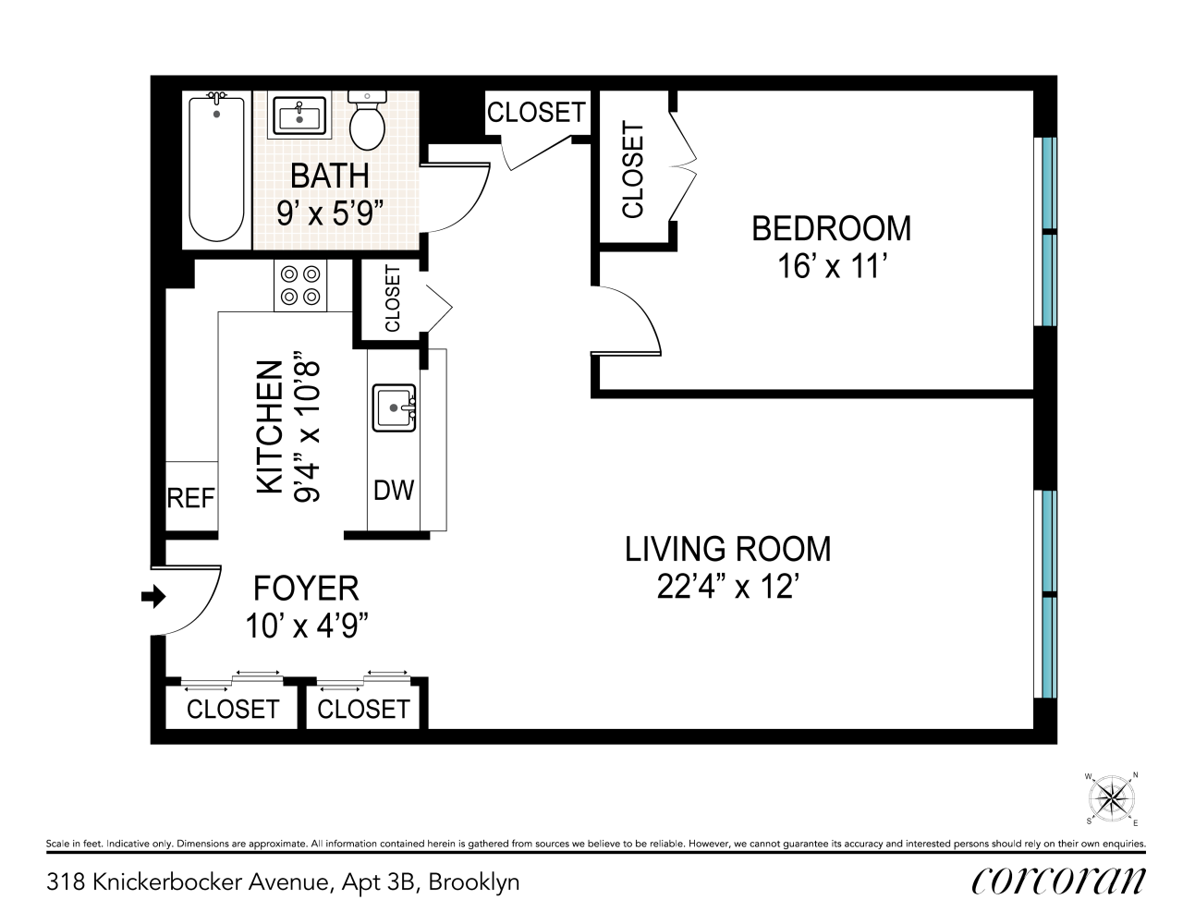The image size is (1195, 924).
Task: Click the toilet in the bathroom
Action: (367, 121)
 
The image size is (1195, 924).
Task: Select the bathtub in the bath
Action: (216, 167)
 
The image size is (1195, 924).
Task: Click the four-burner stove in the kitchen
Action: (300, 286)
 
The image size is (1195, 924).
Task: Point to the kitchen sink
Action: (395, 407)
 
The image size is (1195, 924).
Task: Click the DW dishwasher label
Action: (394, 490)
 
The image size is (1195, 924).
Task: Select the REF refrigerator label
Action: (190, 498)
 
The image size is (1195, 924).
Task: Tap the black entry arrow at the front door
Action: (153, 596)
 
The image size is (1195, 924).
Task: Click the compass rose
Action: (1112, 797)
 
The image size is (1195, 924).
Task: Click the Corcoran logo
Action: (1058, 881)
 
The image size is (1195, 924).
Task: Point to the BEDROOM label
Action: (832, 228)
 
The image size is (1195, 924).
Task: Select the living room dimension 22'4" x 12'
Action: (727, 588)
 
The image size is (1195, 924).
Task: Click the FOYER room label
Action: (306, 589)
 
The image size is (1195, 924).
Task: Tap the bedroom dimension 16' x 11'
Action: (833, 267)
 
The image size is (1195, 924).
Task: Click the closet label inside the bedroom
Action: (632, 169)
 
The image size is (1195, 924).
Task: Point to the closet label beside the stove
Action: (393, 298)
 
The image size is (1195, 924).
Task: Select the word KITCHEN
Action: (270, 427)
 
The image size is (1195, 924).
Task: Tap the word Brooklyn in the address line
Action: (474, 883)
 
